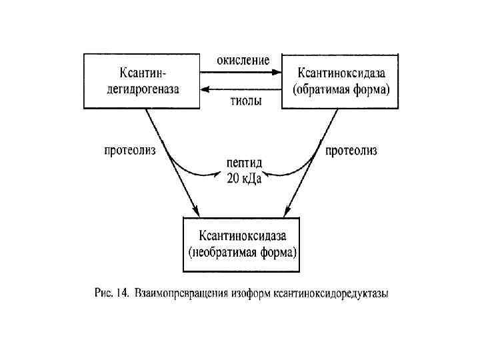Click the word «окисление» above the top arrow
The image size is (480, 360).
(x=243, y=60)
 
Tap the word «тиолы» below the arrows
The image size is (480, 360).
(x=241, y=101)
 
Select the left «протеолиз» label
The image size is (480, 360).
(x=130, y=151)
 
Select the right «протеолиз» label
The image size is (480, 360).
(x=351, y=151)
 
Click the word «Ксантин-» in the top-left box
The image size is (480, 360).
(x=141, y=71)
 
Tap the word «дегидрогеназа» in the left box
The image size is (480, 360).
(x=141, y=89)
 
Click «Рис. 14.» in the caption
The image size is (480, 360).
(x=110, y=292)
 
